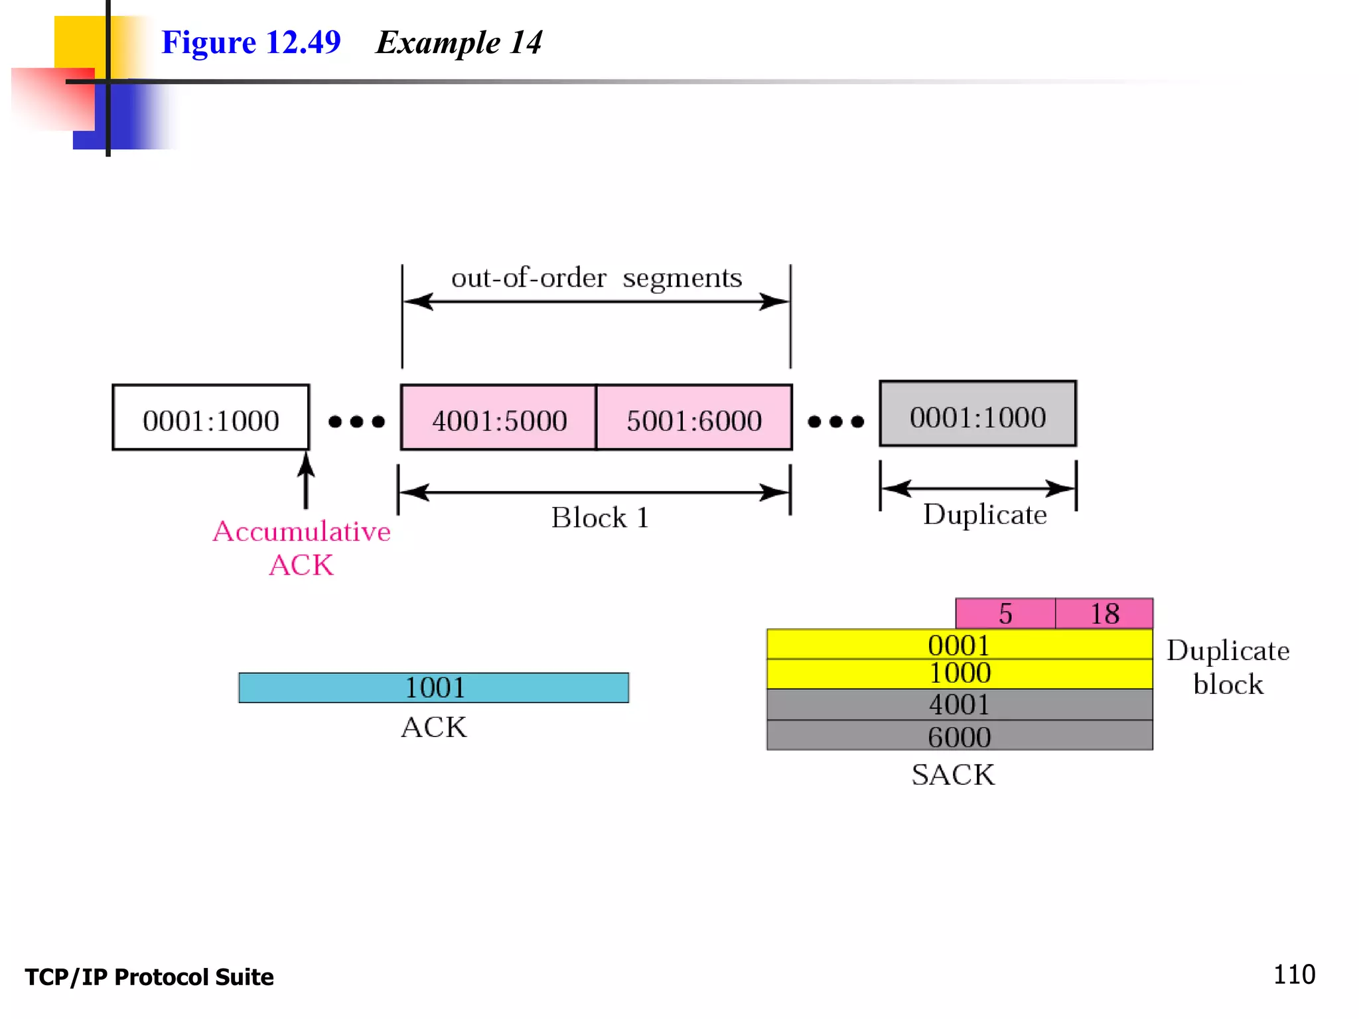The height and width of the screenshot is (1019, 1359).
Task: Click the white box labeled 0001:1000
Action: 211,418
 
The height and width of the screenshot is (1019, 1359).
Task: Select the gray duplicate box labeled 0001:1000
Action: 977,415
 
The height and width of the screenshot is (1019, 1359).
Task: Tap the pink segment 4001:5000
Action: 499,419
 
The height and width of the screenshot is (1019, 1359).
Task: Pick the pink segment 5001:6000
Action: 694,419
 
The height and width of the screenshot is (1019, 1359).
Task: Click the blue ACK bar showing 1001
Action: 434,688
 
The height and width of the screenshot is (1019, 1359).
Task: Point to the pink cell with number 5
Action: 1005,614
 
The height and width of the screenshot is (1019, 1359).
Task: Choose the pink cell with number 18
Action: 1104,614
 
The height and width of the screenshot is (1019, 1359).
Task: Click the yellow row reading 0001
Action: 960,645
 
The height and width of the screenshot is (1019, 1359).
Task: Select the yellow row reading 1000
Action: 960,674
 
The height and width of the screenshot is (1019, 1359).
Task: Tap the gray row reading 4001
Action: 960,705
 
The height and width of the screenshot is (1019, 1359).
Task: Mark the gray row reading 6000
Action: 960,736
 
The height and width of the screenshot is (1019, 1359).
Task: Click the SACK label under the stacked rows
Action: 954,775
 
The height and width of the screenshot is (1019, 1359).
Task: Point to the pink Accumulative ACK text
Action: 302,548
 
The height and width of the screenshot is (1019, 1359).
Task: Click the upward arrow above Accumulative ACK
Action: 306,481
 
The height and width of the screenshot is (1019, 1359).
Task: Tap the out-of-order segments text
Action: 597,278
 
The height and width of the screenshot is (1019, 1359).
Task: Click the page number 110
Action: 1294,975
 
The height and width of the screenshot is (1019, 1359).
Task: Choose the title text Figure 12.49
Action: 251,42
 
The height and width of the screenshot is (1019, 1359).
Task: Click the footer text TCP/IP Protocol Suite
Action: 149,977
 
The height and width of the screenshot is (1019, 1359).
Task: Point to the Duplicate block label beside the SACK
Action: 1228,667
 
